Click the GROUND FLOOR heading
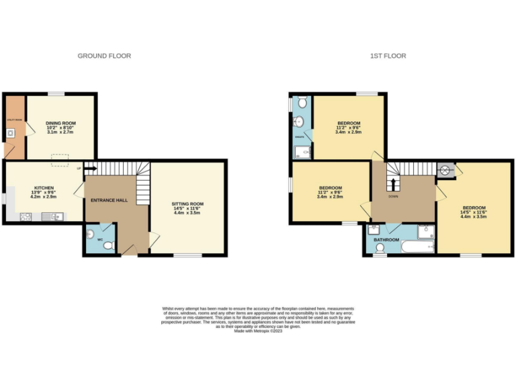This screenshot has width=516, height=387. click(x=104, y=56)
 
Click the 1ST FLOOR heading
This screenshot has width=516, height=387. click(x=388, y=56)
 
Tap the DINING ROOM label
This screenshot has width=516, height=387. click(x=60, y=124)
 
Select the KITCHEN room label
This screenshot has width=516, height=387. click(x=44, y=188)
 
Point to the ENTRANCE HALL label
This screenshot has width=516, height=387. click(x=109, y=200)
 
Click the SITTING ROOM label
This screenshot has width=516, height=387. click(x=187, y=204)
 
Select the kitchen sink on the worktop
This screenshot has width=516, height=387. click(x=52, y=216)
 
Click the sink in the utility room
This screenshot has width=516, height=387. click(x=11, y=133)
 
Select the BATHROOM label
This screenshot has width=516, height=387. click(x=386, y=240)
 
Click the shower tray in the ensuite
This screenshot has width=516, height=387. click(x=301, y=152)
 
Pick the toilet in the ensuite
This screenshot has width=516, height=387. click(x=302, y=102)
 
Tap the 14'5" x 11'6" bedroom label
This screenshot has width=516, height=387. click(x=474, y=212)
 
